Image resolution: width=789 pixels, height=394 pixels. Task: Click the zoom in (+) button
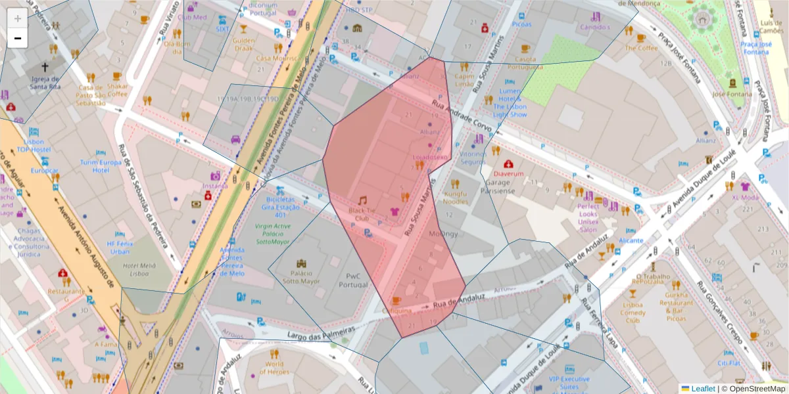coord(18,18)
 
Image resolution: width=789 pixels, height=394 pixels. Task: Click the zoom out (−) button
coord(18,38)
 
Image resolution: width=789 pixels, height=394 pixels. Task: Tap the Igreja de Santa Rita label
coord(45,81)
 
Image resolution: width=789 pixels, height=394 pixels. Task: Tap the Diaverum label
coord(508,174)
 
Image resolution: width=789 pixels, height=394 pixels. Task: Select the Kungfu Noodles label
coord(456,198)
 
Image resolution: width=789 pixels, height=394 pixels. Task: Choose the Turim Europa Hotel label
coord(101,166)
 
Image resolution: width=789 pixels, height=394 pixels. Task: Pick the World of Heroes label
coord(275,368)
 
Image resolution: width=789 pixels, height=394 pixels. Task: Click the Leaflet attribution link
coord(702,389)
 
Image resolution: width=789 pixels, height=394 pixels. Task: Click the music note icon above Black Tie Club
coord(362,200)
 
